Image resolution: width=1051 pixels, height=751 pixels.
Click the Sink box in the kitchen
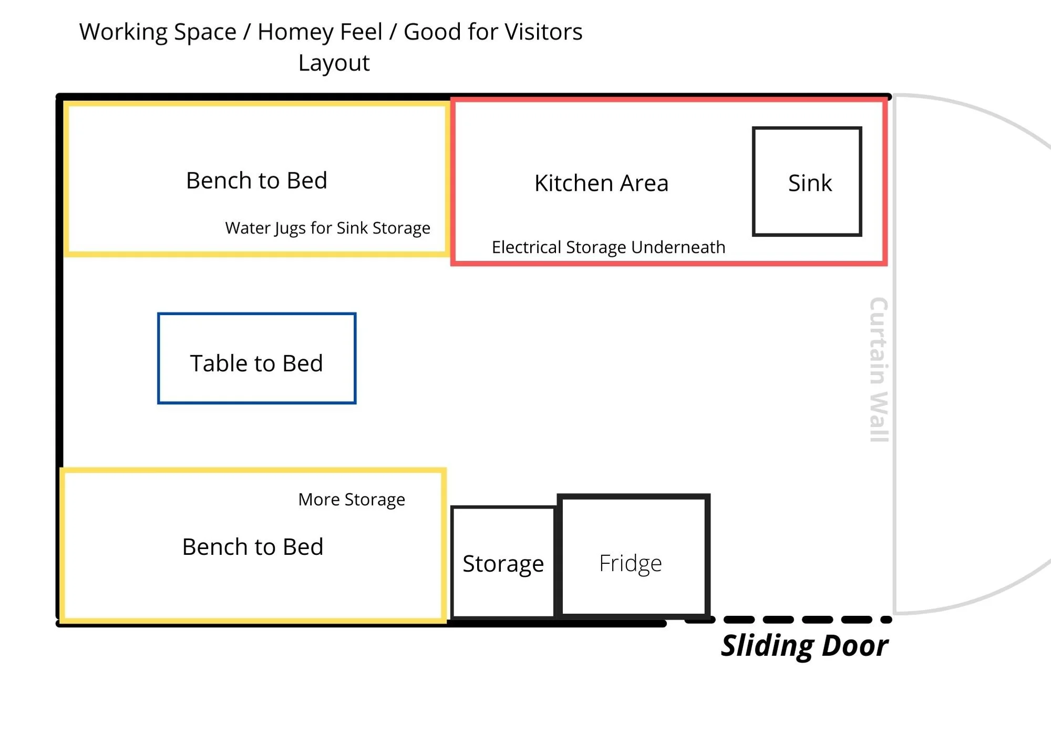coord(807,181)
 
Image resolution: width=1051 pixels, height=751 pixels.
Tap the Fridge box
coord(633,556)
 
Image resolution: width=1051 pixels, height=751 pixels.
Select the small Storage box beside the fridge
coord(503,563)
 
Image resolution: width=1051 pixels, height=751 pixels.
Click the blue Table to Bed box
coord(256,359)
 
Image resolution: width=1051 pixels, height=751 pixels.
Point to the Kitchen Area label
coord(601,183)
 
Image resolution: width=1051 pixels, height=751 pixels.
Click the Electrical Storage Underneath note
coord(608,247)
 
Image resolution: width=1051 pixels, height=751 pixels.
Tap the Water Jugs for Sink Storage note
coord(327,228)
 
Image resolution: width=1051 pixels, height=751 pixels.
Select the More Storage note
coord(352,500)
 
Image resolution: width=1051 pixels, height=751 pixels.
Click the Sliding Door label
coord(804,646)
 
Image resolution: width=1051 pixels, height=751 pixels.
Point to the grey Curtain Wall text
coord(878,370)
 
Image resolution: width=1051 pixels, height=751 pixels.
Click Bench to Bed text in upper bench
coord(256,180)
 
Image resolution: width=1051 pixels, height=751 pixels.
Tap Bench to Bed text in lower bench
coord(253,547)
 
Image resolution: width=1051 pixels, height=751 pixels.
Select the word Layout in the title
coord(334,63)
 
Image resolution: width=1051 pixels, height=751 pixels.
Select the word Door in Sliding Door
coord(854,646)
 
